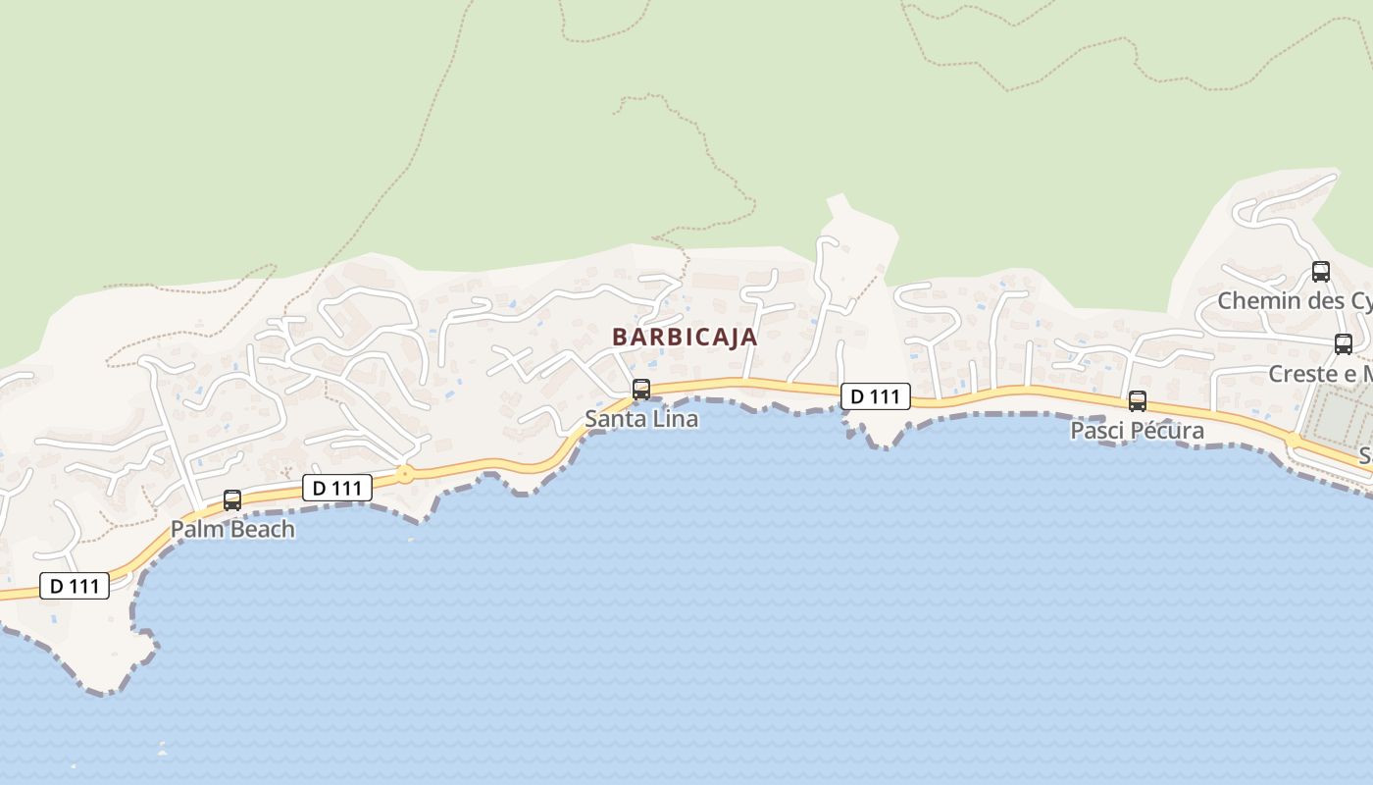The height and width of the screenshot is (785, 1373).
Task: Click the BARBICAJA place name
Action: pyautogui.click(x=685, y=337)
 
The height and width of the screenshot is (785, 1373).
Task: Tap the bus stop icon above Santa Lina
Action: pyautogui.click(x=641, y=390)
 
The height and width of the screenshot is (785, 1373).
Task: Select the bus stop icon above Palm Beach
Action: pyautogui.click(x=232, y=500)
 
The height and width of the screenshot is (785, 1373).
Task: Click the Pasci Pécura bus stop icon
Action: pyautogui.click(x=1138, y=401)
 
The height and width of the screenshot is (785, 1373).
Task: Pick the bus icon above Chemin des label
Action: pyautogui.click(x=1321, y=272)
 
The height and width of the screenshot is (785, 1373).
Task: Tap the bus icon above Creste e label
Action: pyautogui.click(x=1344, y=344)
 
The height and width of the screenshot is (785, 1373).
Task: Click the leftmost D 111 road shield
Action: pyautogui.click(x=75, y=586)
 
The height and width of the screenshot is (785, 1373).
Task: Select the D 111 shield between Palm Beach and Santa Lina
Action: pyautogui.click(x=337, y=488)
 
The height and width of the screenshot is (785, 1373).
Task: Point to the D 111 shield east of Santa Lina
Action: pyautogui.click(x=875, y=396)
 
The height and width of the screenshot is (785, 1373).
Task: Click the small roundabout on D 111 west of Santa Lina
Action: pyautogui.click(x=404, y=475)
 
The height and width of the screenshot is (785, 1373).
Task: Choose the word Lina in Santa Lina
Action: pyautogui.click(x=674, y=419)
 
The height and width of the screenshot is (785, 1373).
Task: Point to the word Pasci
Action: pyautogui.click(x=1095, y=431)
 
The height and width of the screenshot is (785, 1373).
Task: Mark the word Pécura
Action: pyautogui.click(x=1166, y=431)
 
